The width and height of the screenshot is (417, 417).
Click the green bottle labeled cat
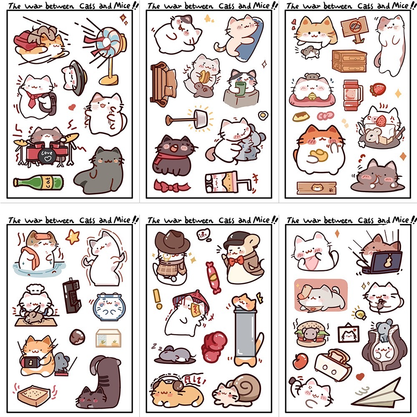(38, 182)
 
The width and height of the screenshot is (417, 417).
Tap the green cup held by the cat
(240, 88)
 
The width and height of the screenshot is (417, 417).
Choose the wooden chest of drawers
(349, 61)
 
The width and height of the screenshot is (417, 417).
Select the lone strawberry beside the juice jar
(378, 89)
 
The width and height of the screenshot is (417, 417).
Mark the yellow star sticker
(73, 237)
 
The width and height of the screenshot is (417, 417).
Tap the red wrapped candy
(214, 278)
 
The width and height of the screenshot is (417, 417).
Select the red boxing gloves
(214, 346)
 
